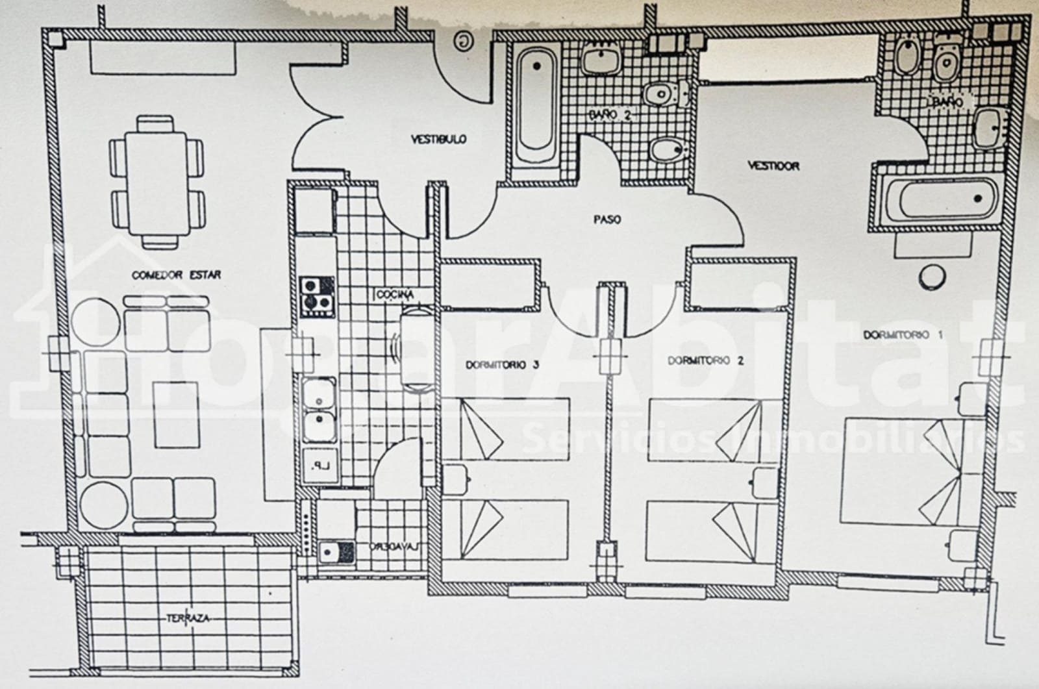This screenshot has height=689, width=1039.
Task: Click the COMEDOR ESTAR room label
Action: [x=176, y=275]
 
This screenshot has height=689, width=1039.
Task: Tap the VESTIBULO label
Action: [x=439, y=139]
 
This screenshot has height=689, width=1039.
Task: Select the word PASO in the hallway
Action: [x=607, y=219]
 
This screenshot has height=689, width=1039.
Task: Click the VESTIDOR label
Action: [x=773, y=166]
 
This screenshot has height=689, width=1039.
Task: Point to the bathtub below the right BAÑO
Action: [x=938, y=199]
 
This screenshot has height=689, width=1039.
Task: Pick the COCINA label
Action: [x=394, y=294]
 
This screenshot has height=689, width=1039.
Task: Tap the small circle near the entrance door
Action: [x=462, y=42]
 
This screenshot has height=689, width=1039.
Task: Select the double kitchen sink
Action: [x=318, y=408]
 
